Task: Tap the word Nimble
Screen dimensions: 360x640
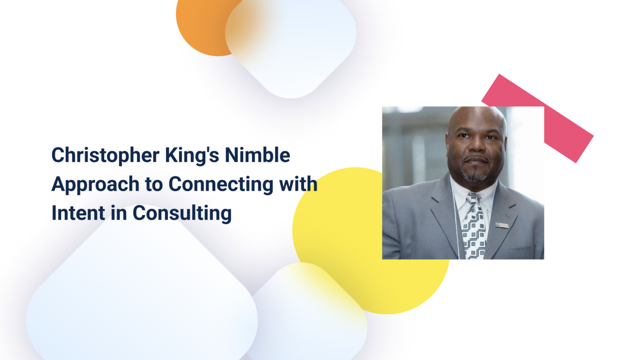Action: click(x=258, y=155)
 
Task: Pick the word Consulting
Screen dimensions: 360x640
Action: click(x=182, y=213)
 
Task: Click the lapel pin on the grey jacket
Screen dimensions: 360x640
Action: click(x=502, y=225)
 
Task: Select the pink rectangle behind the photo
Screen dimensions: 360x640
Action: click(x=569, y=130)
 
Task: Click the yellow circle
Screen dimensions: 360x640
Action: click(x=342, y=252)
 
